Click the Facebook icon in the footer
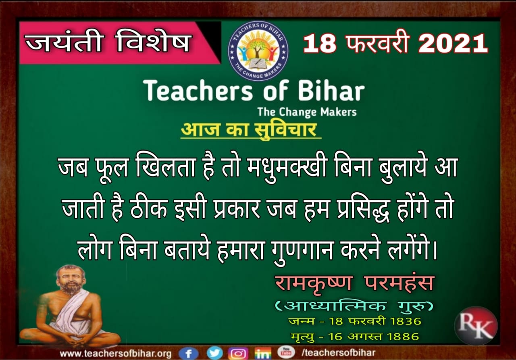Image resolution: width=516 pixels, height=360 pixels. tap(189, 353)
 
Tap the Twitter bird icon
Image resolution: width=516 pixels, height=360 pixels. tap(214, 353)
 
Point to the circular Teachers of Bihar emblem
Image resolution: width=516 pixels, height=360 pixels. tap(258, 51)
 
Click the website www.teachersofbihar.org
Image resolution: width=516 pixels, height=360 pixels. tap(116, 354)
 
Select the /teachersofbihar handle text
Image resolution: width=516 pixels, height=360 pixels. tap(338, 353)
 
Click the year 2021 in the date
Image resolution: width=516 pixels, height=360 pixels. tap(453, 44)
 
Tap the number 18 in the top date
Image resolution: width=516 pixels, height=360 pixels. tap(320, 44)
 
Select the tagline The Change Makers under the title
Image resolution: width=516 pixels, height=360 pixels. tap(307, 112)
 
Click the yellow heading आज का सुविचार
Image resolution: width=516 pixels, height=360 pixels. tap(249, 130)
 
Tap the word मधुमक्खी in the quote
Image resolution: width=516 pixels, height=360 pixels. tap(287, 167)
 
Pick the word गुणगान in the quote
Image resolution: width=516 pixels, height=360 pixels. tap(303, 250)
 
